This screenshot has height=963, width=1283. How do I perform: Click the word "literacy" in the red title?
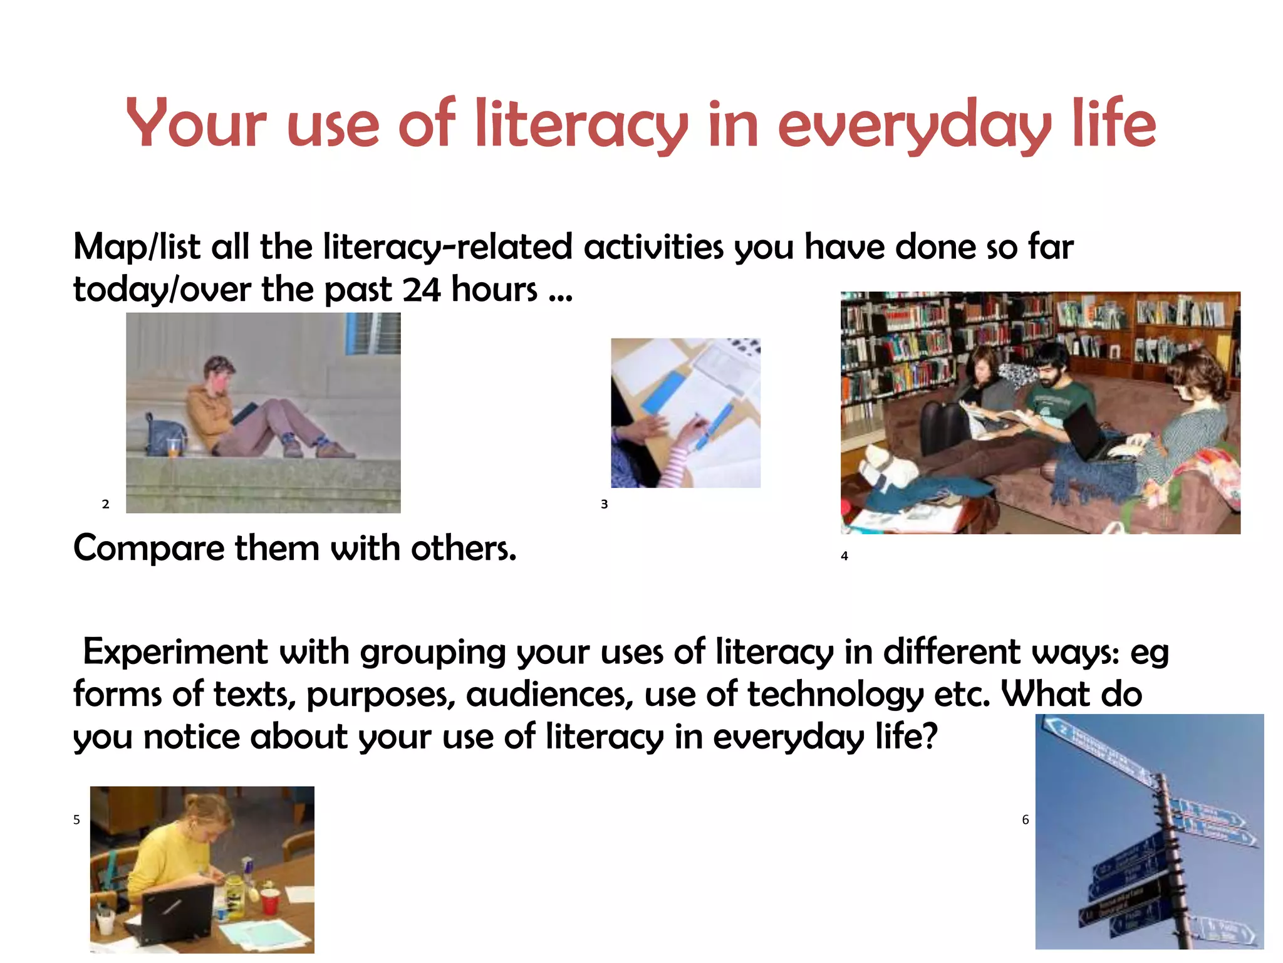tap(581, 124)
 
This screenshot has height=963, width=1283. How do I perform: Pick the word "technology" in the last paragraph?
tap(835, 695)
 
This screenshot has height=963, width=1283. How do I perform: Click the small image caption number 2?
tap(105, 504)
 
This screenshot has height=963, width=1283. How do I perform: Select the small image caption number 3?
tap(604, 504)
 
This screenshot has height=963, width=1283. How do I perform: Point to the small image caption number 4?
tap(844, 556)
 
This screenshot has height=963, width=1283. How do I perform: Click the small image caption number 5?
tap(76, 819)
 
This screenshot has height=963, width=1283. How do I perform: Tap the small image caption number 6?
tap(1025, 819)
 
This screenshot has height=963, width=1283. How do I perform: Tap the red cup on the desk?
tap(269, 901)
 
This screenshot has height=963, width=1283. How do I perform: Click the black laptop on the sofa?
tap(1090, 433)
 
